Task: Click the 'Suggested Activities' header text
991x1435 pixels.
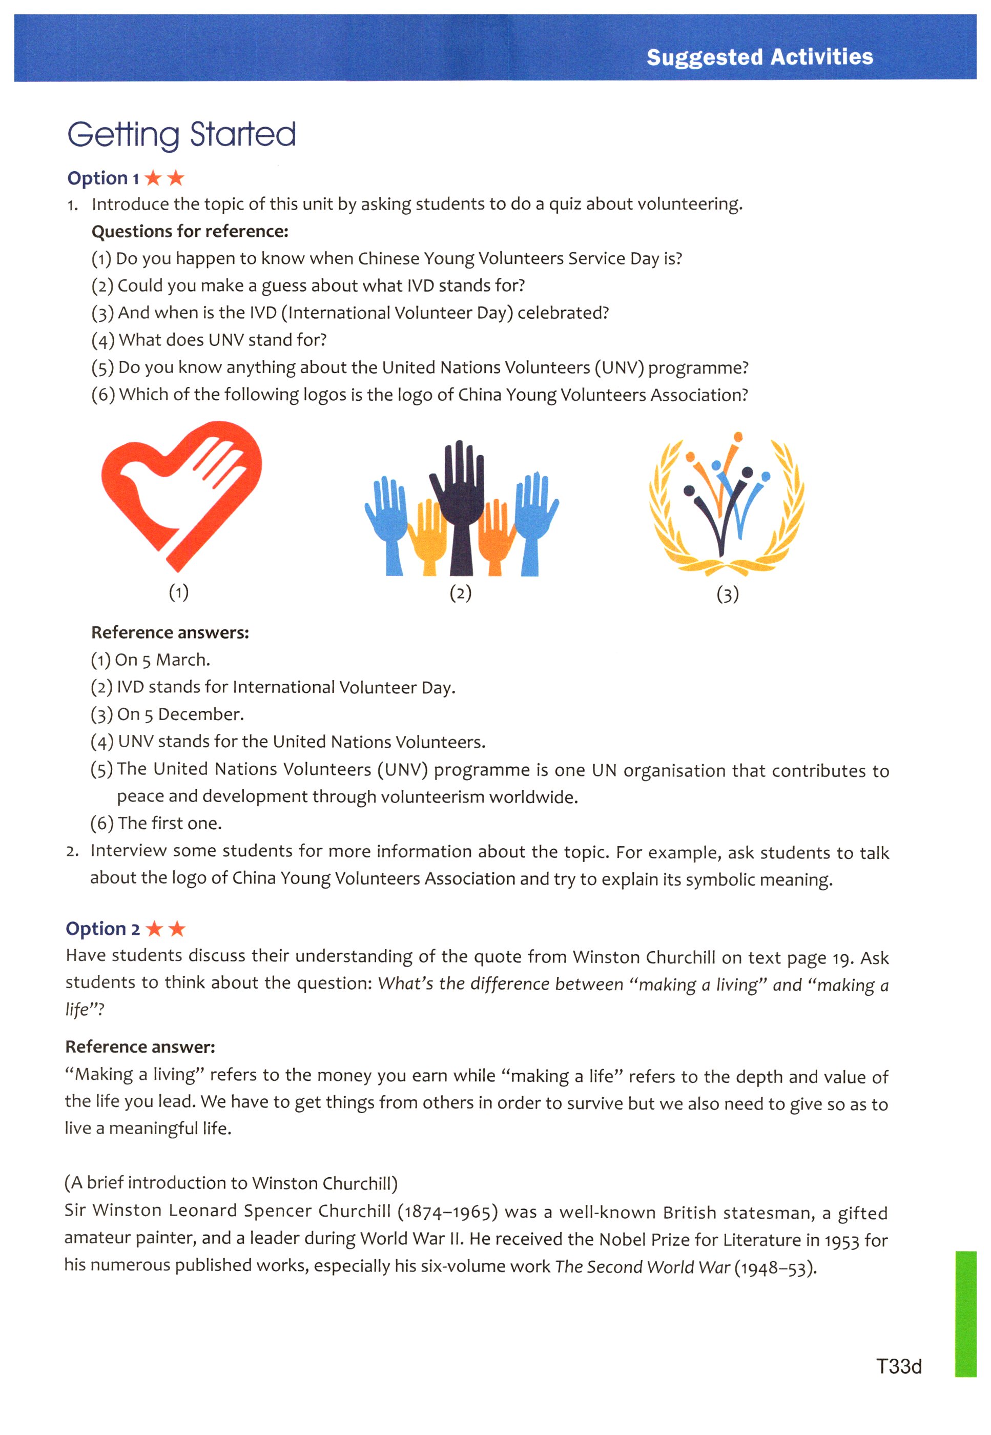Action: pos(759,57)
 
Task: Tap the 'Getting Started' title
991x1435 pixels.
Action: pos(181,134)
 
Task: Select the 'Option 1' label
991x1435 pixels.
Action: pos(103,178)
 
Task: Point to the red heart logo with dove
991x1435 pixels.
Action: pos(181,494)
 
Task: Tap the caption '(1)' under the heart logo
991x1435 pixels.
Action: pos(179,592)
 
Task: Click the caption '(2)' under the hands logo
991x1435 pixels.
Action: pos(460,593)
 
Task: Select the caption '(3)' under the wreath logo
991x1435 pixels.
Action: pos(727,594)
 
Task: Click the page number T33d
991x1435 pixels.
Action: pos(898,1366)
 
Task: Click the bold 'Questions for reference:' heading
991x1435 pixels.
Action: pos(190,232)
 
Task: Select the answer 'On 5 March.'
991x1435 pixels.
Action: pos(162,660)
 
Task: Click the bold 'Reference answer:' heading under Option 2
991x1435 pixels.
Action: pos(140,1047)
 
